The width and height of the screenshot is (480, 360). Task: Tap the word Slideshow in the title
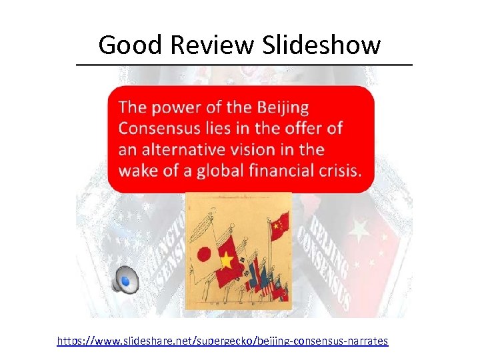click(x=323, y=45)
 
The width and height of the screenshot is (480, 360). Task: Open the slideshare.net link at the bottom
click(x=222, y=341)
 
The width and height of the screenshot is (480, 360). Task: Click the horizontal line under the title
click(x=244, y=65)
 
